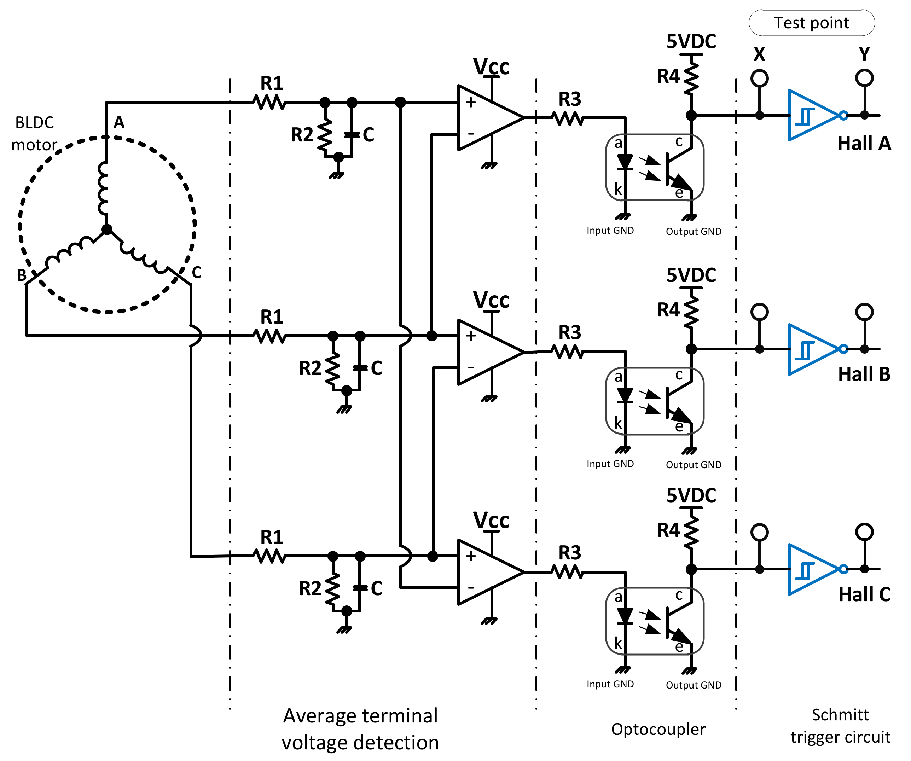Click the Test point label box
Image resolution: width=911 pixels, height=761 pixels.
(x=811, y=23)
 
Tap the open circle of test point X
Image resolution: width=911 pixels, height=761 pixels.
(x=759, y=79)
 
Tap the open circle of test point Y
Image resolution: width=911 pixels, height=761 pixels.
(x=864, y=78)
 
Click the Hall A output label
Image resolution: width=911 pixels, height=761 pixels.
(x=864, y=143)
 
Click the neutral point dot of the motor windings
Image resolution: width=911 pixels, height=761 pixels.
(x=107, y=230)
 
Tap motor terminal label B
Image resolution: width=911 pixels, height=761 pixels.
(x=21, y=275)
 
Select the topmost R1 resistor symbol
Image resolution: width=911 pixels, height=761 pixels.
(x=269, y=103)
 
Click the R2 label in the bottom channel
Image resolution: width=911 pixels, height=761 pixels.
(x=310, y=589)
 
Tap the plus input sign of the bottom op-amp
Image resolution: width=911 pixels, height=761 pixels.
(x=471, y=556)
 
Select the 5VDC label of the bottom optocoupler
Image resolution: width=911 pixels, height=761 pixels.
(x=691, y=495)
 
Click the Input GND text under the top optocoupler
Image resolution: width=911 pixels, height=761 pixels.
(x=610, y=230)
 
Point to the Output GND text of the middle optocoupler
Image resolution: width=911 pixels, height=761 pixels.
(x=693, y=465)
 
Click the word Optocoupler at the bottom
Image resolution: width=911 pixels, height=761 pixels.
(x=658, y=729)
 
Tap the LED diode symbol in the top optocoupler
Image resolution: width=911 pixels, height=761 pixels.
(x=625, y=161)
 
